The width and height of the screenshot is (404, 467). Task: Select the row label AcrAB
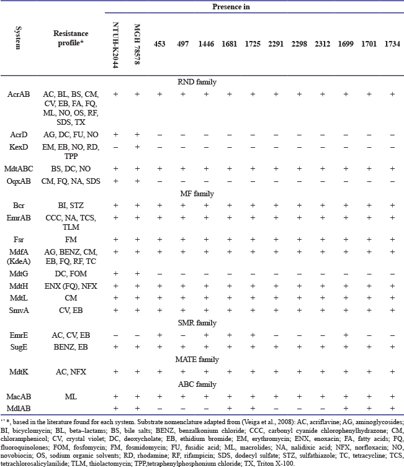18,94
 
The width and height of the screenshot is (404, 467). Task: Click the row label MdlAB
19,407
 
